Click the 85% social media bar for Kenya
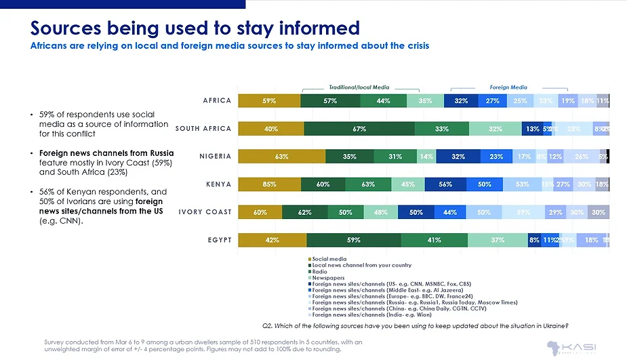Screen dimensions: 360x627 [x=270, y=184]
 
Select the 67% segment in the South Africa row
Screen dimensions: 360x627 [x=359, y=129]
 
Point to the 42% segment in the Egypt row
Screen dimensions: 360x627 [x=272, y=239]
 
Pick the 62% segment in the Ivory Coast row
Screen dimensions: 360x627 [x=304, y=212]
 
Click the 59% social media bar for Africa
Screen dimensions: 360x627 [x=269, y=101]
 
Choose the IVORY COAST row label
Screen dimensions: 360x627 [x=205, y=212]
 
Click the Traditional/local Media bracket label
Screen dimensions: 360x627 [x=359, y=87]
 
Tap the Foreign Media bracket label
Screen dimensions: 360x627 [x=508, y=87]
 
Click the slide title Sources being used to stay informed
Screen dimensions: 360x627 [x=195, y=28]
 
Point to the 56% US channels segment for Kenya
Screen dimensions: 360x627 [x=445, y=184]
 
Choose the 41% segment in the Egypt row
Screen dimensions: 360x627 [x=434, y=239]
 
